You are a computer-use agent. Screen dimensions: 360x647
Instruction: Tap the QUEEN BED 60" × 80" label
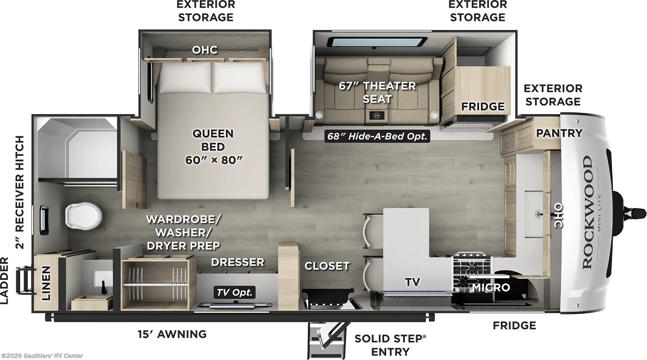(x=213, y=147)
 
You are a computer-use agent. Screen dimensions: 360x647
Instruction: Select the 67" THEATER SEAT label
(x=377, y=92)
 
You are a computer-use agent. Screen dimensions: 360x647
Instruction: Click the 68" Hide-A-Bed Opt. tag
(x=377, y=136)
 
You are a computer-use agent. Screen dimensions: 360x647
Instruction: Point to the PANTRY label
(x=559, y=133)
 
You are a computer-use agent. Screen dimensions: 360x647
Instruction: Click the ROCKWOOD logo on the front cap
(x=588, y=212)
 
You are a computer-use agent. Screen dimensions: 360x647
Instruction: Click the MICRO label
(x=491, y=288)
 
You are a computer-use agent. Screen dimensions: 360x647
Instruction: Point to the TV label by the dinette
(x=412, y=282)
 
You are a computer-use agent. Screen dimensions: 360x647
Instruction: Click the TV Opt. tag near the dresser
(x=235, y=292)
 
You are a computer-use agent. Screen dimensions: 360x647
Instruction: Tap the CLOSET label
(x=327, y=266)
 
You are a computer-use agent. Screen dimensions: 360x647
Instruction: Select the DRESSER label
(x=237, y=263)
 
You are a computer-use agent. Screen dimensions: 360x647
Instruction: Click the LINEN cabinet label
(x=47, y=283)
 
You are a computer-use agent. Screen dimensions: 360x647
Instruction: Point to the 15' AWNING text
(x=172, y=334)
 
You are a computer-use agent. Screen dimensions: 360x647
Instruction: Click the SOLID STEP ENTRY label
(x=390, y=345)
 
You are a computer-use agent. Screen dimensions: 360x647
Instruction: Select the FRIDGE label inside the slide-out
(x=483, y=107)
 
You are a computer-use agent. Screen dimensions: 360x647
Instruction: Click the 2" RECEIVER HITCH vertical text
(x=19, y=192)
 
